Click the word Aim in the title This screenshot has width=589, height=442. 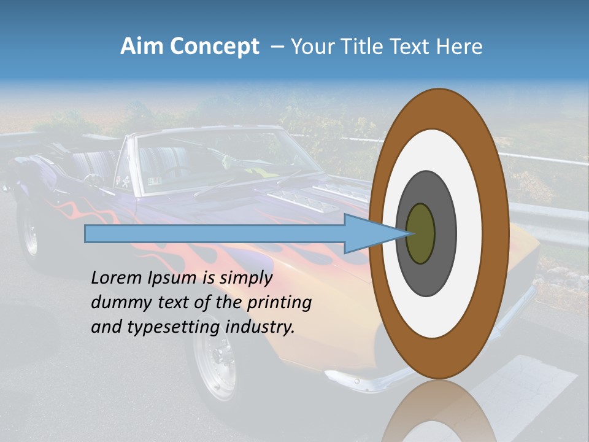(x=142, y=47)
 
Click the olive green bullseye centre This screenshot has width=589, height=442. (x=420, y=234)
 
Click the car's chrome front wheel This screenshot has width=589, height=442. (x=215, y=362)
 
